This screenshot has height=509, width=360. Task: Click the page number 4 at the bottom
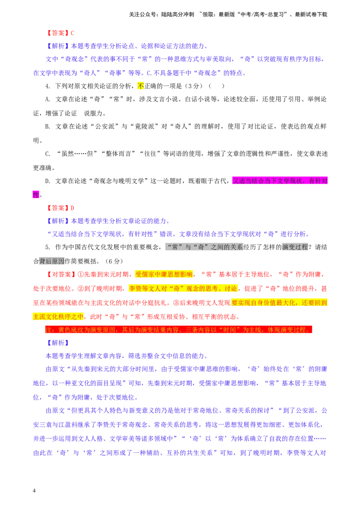34,491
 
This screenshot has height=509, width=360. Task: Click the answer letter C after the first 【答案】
72,33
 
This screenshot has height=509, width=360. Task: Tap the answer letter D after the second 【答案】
72,208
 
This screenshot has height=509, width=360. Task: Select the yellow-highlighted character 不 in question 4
141,86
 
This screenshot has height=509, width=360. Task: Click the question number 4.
48,86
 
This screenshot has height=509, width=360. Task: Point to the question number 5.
48,247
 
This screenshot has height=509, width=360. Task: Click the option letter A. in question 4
48,99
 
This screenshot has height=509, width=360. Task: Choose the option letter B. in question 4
48,127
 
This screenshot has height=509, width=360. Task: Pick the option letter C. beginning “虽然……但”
48,154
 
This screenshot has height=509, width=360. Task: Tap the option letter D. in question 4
48,181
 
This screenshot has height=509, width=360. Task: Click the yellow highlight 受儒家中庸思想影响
164,275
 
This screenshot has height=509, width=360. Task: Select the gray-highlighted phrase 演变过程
295,247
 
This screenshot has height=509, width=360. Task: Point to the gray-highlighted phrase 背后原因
52,261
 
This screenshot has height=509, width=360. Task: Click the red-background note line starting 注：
178,330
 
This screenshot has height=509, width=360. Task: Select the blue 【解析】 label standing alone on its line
58,343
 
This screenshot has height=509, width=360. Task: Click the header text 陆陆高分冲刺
177,14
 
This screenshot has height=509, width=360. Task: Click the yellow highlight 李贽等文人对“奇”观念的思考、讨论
183,289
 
